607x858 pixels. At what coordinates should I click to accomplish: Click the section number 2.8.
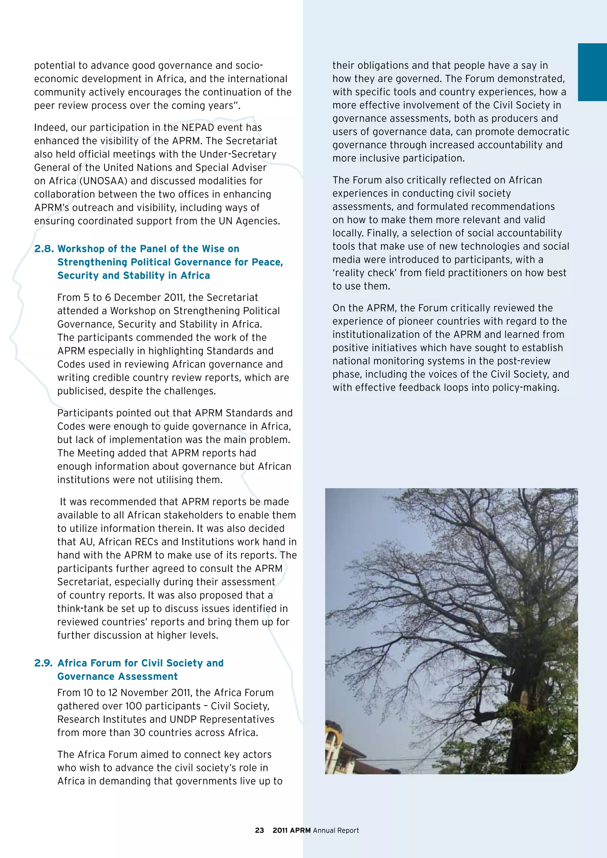(44, 249)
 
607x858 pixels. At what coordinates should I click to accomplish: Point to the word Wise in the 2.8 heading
(213, 249)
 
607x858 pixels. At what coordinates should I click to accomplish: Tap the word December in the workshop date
(136, 297)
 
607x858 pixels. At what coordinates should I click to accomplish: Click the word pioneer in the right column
(417, 321)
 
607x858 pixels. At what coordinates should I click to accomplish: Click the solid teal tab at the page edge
(592, 72)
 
